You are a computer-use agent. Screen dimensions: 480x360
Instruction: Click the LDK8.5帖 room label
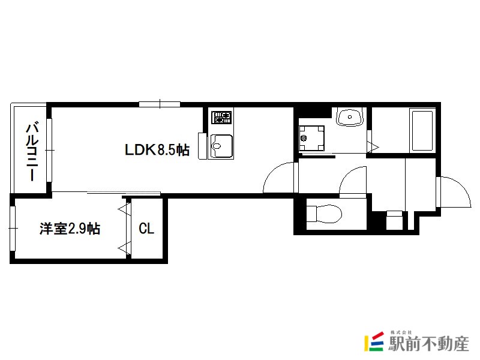[x=157, y=150]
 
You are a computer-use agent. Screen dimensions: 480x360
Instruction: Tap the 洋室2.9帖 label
[x=70, y=229]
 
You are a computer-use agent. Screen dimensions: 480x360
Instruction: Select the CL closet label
[x=146, y=229]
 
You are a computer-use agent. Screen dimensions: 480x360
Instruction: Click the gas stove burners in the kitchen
[x=221, y=117]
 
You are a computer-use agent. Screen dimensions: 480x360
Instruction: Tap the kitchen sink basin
[x=221, y=146]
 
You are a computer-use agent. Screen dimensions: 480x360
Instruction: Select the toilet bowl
[x=325, y=214]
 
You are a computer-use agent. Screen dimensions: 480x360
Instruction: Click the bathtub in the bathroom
[x=422, y=131]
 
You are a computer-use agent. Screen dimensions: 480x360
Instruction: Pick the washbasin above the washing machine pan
[x=350, y=116]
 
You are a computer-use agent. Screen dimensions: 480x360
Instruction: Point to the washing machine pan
[x=311, y=138]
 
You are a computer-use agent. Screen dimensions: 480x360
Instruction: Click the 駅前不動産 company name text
[x=428, y=343]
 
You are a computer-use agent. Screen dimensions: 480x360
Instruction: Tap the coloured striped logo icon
[x=374, y=341]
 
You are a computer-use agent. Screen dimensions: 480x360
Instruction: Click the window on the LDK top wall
[x=160, y=104]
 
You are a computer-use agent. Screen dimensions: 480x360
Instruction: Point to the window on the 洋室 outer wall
[x=13, y=229]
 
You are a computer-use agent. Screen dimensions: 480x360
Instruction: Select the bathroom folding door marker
[x=373, y=146]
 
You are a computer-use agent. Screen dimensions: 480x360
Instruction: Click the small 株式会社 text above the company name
[x=401, y=332]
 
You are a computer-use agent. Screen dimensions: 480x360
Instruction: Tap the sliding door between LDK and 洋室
[x=124, y=193]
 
